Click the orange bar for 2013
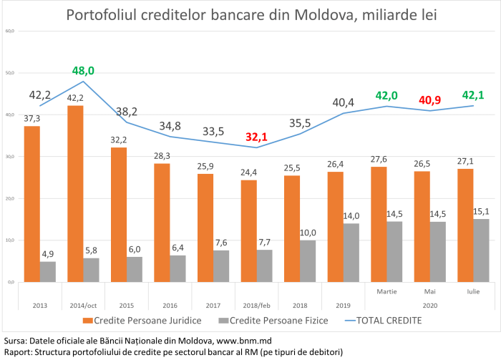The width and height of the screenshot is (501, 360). [31, 204]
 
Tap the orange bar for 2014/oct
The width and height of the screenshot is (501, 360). [75, 193]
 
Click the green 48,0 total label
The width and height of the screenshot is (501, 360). [83, 71]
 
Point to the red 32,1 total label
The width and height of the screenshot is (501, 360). [257, 137]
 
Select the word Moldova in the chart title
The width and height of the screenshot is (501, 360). [317, 14]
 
